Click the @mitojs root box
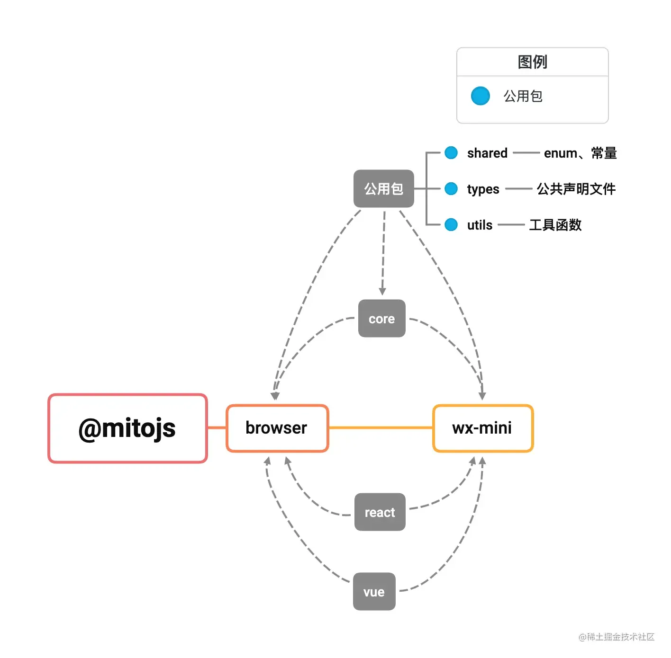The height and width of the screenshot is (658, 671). [x=127, y=428]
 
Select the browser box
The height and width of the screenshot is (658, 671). [x=277, y=428]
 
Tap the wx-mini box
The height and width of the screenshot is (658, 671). [x=483, y=428]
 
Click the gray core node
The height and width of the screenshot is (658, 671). [x=382, y=319]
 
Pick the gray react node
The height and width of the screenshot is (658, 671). [x=380, y=512]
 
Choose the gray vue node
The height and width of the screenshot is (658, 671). [x=374, y=592]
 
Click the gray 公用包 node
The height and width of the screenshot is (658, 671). [x=384, y=188]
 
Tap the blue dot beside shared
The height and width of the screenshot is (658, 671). [x=451, y=153]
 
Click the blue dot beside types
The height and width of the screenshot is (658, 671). [x=451, y=189]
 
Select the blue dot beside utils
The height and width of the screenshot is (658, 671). [x=451, y=225]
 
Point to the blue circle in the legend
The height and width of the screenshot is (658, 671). [x=480, y=96]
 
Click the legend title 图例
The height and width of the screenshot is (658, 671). [x=532, y=62]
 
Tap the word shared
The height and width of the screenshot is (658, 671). [x=487, y=153]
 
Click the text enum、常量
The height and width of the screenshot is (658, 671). [x=580, y=153]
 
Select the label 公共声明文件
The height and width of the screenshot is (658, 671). [x=576, y=189]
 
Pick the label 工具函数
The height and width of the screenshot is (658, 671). [x=555, y=225]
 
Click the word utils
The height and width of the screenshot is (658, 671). [x=480, y=225]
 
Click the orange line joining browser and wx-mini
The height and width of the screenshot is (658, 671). [x=381, y=428]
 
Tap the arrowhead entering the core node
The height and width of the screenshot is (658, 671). [x=382, y=291]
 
